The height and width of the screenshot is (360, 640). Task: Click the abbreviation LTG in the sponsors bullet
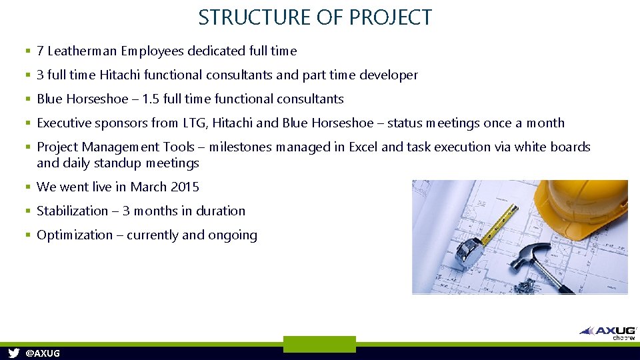[x=194, y=123]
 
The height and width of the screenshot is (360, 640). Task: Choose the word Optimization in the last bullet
[x=75, y=235]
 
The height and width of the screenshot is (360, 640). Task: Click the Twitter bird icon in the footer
[x=13, y=353]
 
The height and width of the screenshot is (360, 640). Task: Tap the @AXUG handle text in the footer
[x=42, y=353]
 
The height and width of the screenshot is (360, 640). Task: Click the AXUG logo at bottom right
[x=609, y=331]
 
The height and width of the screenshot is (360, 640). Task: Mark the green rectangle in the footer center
[x=319, y=344]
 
